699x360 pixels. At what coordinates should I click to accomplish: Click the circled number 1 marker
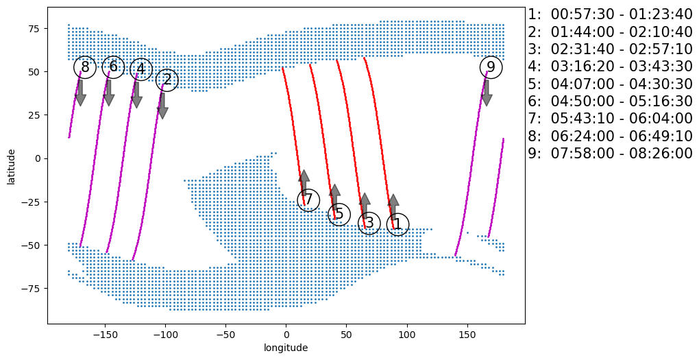(397, 224)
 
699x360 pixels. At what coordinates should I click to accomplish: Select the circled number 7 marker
(308, 200)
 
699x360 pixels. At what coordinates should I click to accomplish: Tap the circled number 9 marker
(491, 67)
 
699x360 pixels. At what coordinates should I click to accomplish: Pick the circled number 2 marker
(167, 80)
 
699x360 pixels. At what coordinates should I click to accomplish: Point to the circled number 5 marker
(339, 214)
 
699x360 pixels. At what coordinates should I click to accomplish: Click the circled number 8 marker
(84, 67)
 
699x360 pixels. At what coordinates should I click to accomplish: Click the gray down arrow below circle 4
(136, 95)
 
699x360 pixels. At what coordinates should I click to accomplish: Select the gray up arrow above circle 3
(365, 206)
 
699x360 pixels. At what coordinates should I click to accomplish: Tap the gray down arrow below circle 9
(487, 93)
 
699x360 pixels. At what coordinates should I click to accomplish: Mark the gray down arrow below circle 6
(108, 93)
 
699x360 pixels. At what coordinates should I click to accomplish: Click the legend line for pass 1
(610, 14)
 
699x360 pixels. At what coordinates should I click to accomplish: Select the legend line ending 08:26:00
(610, 154)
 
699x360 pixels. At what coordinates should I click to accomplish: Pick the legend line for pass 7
(610, 119)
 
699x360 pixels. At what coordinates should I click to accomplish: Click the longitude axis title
(286, 348)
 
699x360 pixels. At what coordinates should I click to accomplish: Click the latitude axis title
(12, 165)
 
